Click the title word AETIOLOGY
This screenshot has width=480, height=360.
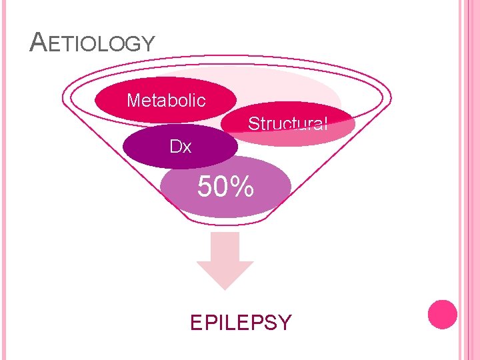[93, 44]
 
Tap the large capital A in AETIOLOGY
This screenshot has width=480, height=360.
[38, 43]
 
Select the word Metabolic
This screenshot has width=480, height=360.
[166, 101]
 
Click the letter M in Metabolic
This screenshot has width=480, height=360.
[133, 101]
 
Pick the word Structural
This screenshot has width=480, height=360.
[287, 124]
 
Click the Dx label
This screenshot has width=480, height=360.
[180, 147]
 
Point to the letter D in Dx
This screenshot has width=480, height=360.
[175, 147]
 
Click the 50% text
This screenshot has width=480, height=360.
[225, 187]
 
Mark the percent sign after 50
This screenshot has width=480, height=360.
[243, 187]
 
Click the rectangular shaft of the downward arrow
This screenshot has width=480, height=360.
[225, 247]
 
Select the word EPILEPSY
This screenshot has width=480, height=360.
[241, 323]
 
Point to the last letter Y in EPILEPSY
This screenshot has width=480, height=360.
[285, 323]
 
